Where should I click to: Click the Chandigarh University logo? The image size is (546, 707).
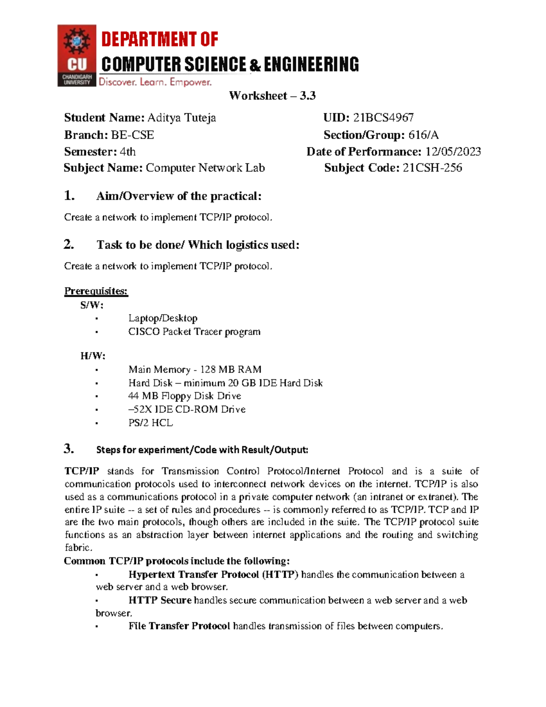pyautogui.click(x=76, y=56)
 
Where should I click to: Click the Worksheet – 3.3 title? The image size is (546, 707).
pyautogui.click(x=272, y=96)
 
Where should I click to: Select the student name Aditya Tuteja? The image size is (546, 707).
pyautogui.click(x=181, y=118)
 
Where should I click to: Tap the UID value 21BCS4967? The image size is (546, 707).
pyautogui.click(x=383, y=118)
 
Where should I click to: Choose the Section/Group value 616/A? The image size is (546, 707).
pyautogui.click(x=423, y=135)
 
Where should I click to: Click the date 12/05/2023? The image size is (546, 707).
pyautogui.click(x=453, y=152)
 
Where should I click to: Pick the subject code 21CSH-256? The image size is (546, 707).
pyautogui.click(x=432, y=168)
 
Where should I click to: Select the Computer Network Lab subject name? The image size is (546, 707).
pyautogui.click(x=205, y=168)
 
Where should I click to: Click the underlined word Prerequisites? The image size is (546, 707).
pyautogui.click(x=96, y=291)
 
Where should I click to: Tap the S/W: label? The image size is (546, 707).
pyautogui.click(x=92, y=305)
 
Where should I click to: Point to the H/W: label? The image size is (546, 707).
pyautogui.click(x=93, y=356)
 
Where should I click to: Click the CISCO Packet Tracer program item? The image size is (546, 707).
pyautogui.click(x=194, y=332)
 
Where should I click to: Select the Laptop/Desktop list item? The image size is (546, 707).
pyautogui.click(x=163, y=318)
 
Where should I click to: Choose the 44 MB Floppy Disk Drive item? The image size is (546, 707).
pyautogui.click(x=185, y=396)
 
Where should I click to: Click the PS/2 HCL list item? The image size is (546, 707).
pyautogui.click(x=151, y=423)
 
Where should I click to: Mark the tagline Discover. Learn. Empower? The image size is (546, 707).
pyautogui.click(x=155, y=82)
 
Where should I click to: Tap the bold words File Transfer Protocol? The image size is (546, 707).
pyautogui.click(x=179, y=626)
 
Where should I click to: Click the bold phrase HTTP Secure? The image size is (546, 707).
pyautogui.click(x=160, y=600)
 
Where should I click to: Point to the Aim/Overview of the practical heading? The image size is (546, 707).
pyautogui.click(x=179, y=196)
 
